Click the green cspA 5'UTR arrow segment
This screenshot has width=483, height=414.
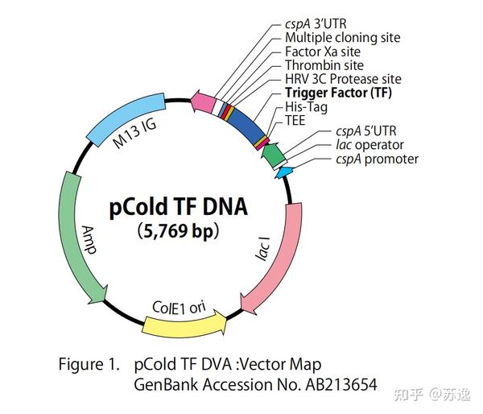274,154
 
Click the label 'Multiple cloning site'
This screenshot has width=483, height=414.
342,37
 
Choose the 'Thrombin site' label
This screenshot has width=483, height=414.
324,64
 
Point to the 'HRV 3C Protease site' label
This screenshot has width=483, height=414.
343,79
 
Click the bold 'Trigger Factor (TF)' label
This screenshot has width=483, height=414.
337,93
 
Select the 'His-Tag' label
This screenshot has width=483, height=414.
305,106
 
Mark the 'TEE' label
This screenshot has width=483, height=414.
296,120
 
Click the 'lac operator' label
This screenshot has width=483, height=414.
369,145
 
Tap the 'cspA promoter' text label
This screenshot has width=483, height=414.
378,159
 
